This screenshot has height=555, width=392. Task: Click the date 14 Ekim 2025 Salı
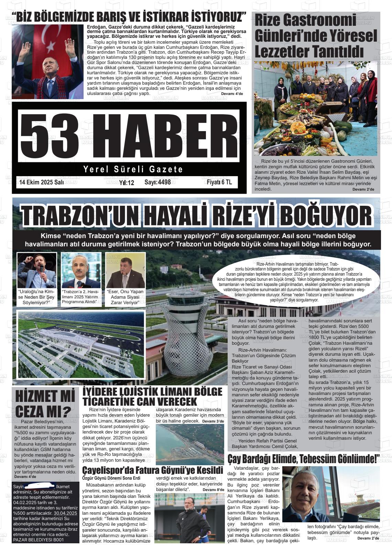click(41, 182)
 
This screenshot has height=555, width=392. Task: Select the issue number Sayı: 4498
click(157, 182)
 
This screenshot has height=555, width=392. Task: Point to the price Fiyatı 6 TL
click(217, 182)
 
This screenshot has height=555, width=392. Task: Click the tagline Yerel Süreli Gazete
click(133, 169)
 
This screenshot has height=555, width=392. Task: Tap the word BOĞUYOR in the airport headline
click(328, 215)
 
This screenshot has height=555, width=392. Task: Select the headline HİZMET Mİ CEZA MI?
click(45, 403)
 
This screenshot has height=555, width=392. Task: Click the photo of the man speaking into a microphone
click(37, 270)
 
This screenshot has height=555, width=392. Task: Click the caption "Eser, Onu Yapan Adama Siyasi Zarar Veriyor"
click(125, 297)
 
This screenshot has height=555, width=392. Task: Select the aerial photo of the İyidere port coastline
click(190, 444)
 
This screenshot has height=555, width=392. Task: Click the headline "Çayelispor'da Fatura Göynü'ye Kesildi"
click(153, 470)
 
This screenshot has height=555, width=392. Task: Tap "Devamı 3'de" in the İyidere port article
click(213, 421)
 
